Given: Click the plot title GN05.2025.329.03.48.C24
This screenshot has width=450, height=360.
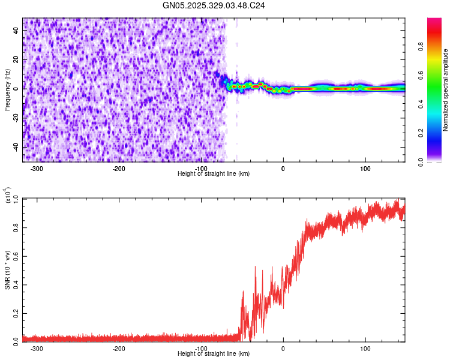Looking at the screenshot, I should click(214, 5).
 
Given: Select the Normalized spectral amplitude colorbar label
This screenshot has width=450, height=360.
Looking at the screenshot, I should click(446, 90).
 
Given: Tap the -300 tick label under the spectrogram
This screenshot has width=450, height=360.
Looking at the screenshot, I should click(37, 168).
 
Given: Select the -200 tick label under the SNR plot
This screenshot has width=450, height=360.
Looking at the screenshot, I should click(119, 348).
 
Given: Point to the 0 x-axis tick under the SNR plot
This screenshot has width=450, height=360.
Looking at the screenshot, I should click(283, 348).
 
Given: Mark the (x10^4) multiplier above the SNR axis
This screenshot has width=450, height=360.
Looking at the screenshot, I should click(8, 196).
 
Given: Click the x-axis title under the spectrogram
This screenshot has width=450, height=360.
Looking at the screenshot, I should click(214, 173).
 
